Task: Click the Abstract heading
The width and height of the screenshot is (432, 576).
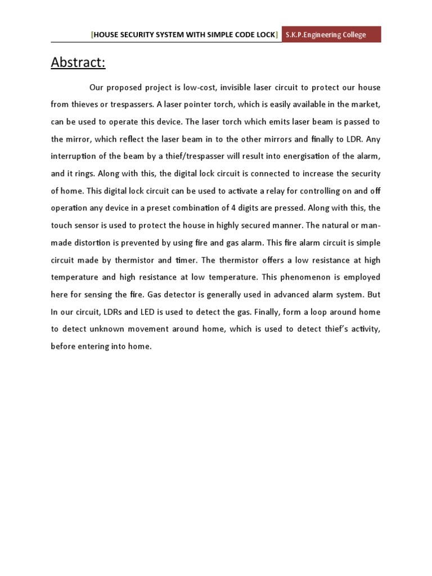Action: coord(78,62)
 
